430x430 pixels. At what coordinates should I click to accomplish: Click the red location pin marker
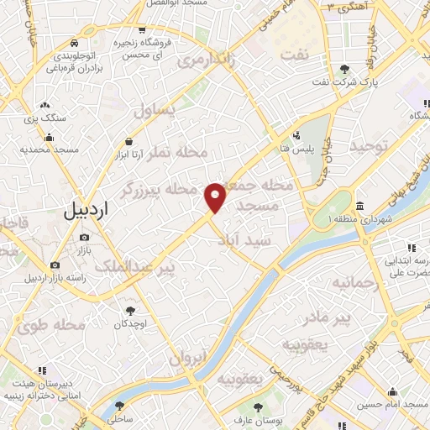coord(216,197)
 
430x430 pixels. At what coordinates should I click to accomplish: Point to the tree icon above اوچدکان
coord(129,310)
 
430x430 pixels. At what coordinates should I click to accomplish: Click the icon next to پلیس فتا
coord(296,135)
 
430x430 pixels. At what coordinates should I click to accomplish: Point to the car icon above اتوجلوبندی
coord(75,42)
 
